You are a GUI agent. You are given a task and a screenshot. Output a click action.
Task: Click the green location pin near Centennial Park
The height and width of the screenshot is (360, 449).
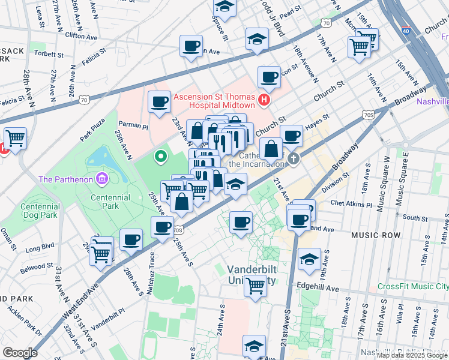[160, 157]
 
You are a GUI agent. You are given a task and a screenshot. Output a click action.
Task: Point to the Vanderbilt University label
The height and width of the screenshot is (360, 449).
[252, 275]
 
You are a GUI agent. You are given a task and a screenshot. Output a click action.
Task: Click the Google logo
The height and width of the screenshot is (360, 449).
[20, 353]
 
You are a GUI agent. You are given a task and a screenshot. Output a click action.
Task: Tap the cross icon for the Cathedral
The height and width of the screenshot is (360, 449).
[293, 159]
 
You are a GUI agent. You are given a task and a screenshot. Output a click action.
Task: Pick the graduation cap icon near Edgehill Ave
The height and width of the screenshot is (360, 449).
[309, 259]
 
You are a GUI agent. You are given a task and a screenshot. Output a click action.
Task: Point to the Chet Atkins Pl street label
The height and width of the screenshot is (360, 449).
[348, 204]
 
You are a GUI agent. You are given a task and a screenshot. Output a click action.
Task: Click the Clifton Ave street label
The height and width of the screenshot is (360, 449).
[83, 35]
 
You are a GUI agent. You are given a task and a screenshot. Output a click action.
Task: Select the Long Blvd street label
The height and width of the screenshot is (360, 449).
[40, 245]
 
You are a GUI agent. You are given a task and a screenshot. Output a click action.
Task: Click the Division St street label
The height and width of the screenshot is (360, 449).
[335, 183]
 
